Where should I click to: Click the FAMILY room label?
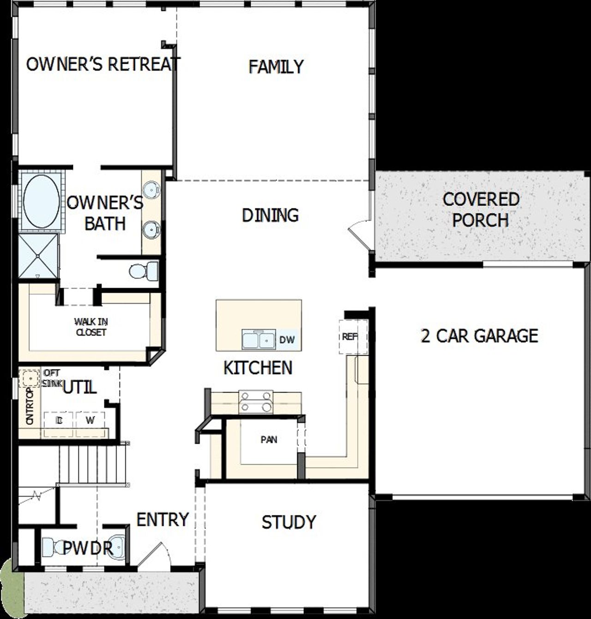[x=276, y=67]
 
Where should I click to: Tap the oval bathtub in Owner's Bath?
[x=41, y=202]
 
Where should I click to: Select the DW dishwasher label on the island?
[x=287, y=340]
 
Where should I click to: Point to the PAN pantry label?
[x=269, y=439]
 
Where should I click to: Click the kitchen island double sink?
[x=259, y=340]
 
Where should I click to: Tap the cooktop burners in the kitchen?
[x=256, y=401]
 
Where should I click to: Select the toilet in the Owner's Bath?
[x=143, y=270]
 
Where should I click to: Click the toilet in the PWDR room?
[x=54, y=548]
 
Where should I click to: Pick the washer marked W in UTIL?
[x=90, y=420]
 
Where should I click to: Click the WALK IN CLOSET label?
[x=91, y=327]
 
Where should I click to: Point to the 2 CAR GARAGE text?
[x=479, y=336]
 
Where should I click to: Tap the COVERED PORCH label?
[x=481, y=209]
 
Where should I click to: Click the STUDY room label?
[x=289, y=522]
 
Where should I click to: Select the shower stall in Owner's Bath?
[x=38, y=256]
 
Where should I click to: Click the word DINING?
[x=270, y=215]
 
